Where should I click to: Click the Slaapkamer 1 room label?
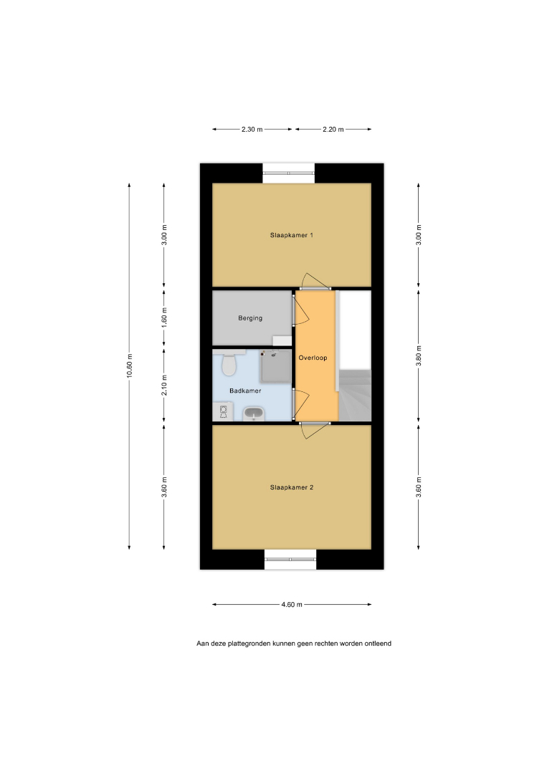tap(291, 235)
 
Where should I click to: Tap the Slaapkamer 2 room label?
tap(291, 487)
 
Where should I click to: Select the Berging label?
tap(250, 318)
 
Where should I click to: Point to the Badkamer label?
tap(245, 391)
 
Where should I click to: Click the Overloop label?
tap(313, 358)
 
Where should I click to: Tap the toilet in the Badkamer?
tap(229, 363)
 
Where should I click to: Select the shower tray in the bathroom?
tap(276, 365)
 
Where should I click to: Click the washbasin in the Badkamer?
tap(254, 414)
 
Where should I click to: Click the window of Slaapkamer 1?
tap(289, 173)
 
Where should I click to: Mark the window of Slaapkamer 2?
tap(290, 559)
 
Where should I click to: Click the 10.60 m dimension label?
tap(129, 365)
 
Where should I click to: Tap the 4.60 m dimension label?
tap(292, 604)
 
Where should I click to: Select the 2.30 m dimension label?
tap(252, 129)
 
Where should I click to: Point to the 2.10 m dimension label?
tap(164, 385)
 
